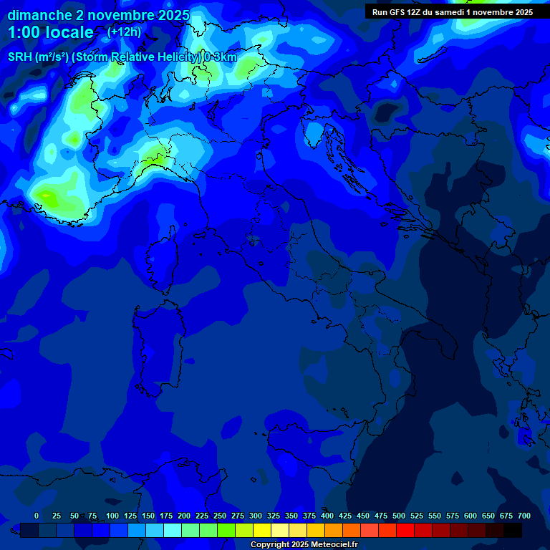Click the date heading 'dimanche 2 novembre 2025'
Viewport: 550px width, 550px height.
pos(98,15)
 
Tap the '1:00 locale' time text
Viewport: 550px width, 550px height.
pos(51,32)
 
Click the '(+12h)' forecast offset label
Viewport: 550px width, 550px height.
pos(124,32)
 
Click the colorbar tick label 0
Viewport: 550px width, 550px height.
pos(37,516)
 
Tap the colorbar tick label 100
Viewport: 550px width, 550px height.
pos(112,516)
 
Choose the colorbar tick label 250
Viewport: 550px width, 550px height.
pos(220,516)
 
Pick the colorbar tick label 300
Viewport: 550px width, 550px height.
pos(256,516)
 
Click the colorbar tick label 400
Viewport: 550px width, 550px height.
pos(327,516)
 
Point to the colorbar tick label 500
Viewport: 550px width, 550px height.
pos(399,516)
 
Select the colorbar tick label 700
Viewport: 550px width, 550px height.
pos(524,516)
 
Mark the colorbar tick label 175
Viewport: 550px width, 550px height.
pos(166,516)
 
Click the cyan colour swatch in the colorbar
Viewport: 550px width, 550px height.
pos(173,530)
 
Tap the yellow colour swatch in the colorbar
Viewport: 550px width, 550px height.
pos(262,530)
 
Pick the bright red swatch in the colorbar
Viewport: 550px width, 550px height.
pos(405,530)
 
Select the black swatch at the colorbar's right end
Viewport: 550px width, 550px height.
pos(513,530)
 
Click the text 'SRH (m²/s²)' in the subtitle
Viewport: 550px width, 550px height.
pos(39,57)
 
